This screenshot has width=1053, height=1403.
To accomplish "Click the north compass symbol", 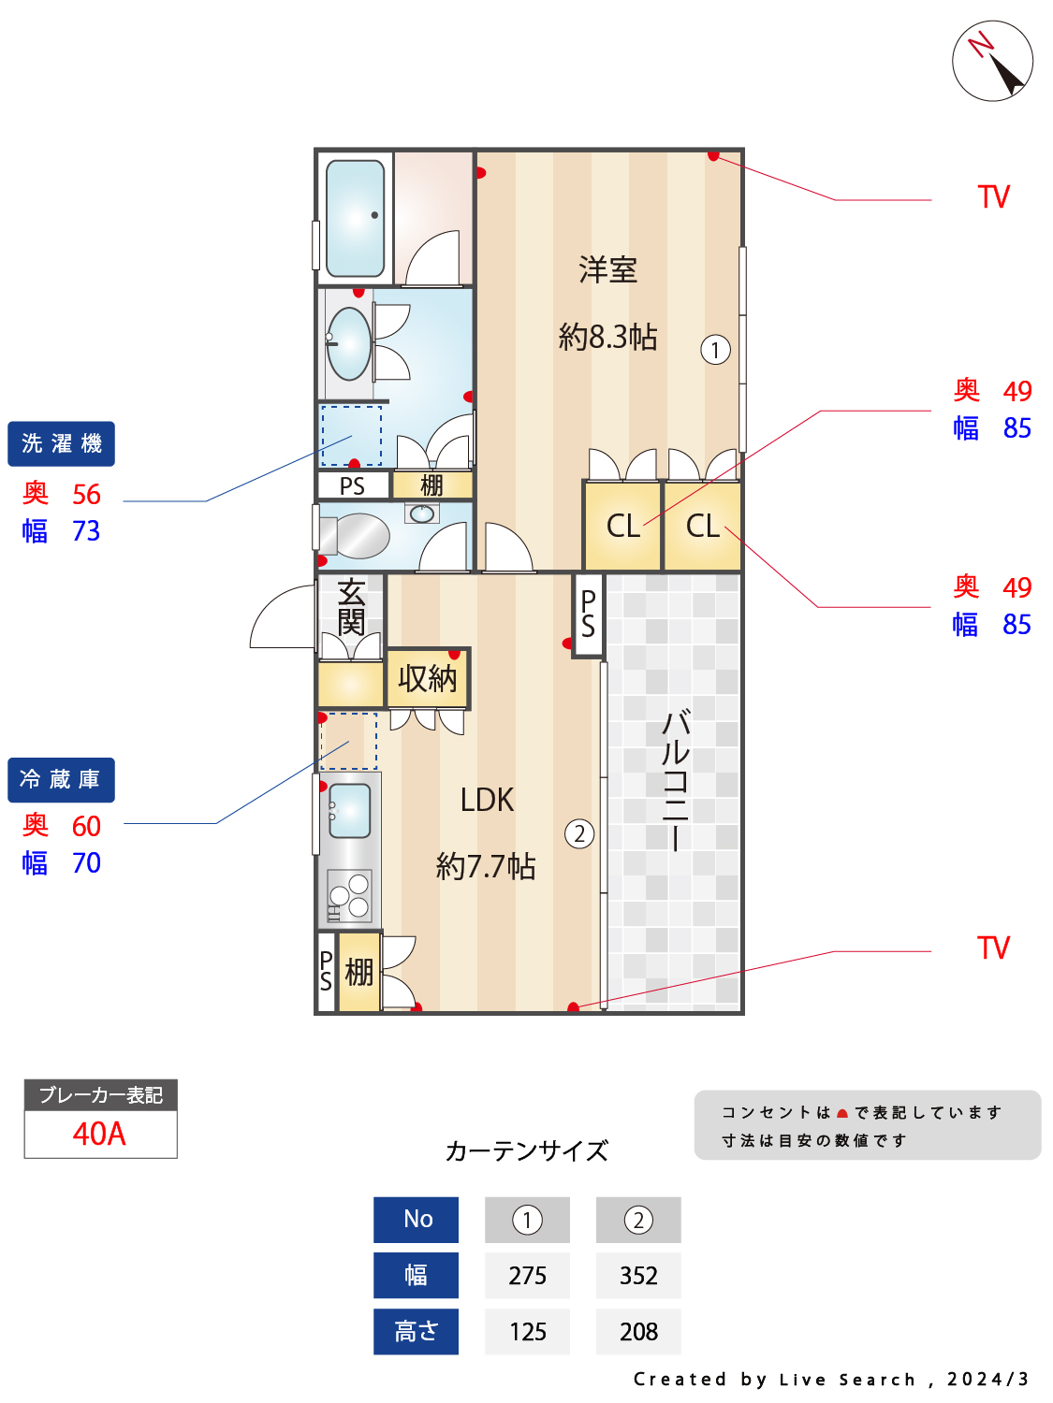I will pos(992,61).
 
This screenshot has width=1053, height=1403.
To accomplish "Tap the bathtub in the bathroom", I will pos(356,218).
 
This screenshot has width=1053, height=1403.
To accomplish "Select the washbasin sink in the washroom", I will pos(349,344).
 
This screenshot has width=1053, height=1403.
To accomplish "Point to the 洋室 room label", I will pos(607,270).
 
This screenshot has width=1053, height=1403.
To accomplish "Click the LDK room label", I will pos(487,800).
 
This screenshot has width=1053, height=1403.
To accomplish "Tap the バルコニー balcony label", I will pos(675,780).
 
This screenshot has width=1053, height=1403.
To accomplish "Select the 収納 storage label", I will pos(427,678).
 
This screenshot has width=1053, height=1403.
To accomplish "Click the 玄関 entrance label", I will pos(351,606).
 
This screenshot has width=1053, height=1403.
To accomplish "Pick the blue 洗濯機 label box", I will pos(62,443).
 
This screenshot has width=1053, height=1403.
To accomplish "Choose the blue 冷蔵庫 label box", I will pos(62,779).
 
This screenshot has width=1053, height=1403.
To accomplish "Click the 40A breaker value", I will pos(99,1134).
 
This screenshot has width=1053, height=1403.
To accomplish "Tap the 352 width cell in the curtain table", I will pos(638,1276).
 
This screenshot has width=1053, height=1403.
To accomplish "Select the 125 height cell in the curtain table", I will pos(527,1332).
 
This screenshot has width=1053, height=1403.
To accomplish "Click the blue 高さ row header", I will pos(416,1332).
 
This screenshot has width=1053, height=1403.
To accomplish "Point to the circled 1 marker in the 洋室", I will pos(715,350).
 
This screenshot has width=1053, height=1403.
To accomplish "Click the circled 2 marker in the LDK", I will pos(579,833).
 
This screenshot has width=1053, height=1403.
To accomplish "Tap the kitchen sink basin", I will pos(350,810).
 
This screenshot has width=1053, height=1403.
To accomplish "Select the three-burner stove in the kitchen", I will pos(349,896).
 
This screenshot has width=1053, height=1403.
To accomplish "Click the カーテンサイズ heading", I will pos(526,1150).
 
